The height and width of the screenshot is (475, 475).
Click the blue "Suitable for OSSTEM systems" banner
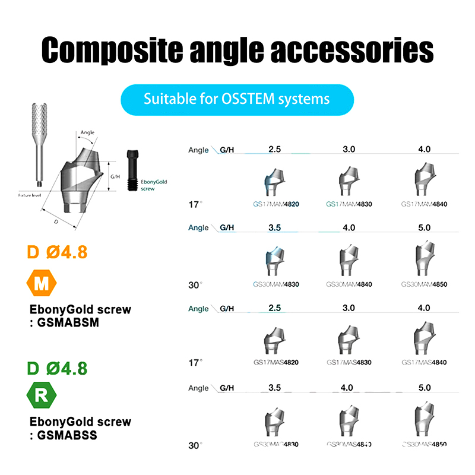tap(237, 99)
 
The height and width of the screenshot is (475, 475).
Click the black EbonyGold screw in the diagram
tap(131, 170)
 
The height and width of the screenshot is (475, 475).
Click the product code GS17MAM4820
tap(275, 204)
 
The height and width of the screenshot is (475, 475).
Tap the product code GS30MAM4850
tap(424, 284)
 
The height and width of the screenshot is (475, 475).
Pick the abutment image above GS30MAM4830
tap(274, 260)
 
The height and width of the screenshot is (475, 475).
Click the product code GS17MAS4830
tap(349, 362)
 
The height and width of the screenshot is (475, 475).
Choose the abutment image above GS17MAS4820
tap(274, 340)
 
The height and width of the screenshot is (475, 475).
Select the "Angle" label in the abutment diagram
tap(87, 133)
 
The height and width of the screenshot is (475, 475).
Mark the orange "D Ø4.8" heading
tap(58, 252)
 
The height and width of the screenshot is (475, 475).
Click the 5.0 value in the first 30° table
tap(424, 227)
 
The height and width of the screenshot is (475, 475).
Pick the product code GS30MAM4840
tap(349, 284)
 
